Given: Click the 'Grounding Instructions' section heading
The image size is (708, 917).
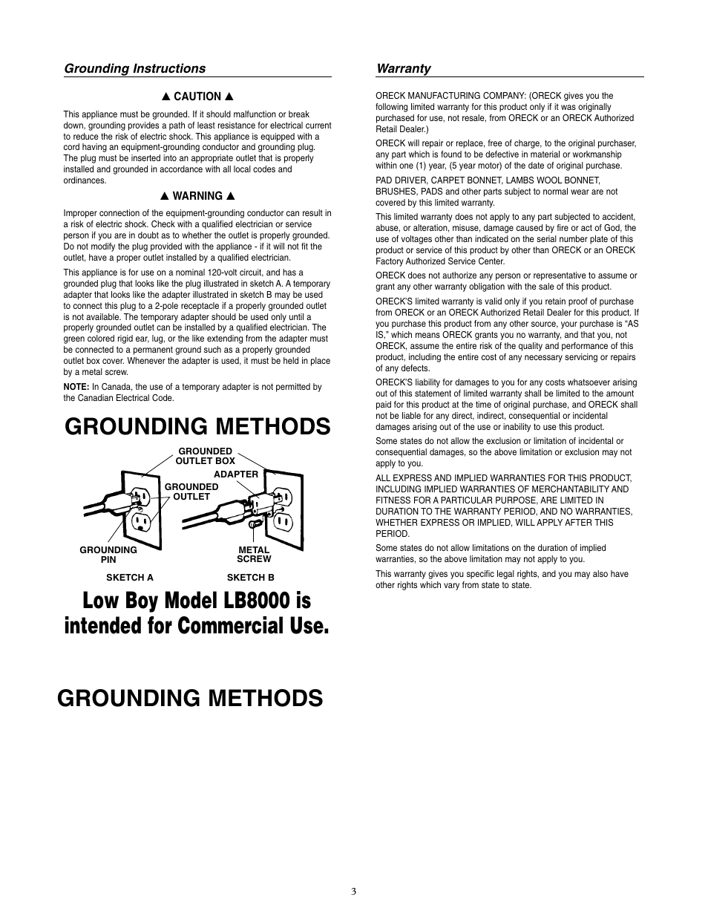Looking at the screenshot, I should click(x=134, y=68).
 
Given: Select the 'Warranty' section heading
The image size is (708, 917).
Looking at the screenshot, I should click(x=403, y=68).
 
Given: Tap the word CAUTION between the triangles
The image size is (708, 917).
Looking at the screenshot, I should click(x=197, y=97).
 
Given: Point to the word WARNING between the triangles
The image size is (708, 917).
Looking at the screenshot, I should click(x=197, y=197).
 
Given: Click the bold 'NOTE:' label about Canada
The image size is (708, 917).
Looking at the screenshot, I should click(x=76, y=387).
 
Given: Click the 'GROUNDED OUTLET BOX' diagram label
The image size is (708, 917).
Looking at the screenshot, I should click(x=205, y=456).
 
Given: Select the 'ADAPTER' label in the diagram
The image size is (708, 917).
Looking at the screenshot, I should click(x=236, y=474).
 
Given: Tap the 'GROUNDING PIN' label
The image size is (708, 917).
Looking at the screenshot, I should click(x=108, y=555).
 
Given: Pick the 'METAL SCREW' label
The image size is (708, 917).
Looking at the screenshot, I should click(x=254, y=555).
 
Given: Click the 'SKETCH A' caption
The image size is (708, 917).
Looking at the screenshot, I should click(x=130, y=578).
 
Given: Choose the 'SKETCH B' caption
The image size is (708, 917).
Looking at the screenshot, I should click(x=250, y=578).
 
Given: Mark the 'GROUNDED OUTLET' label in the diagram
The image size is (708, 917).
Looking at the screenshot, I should click(x=191, y=492).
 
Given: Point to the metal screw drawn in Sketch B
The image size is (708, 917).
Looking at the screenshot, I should click(x=254, y=524).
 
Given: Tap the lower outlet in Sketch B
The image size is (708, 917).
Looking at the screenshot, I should click(x=282, y=521).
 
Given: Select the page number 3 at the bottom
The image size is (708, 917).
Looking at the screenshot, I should click(x=354, y=891).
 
